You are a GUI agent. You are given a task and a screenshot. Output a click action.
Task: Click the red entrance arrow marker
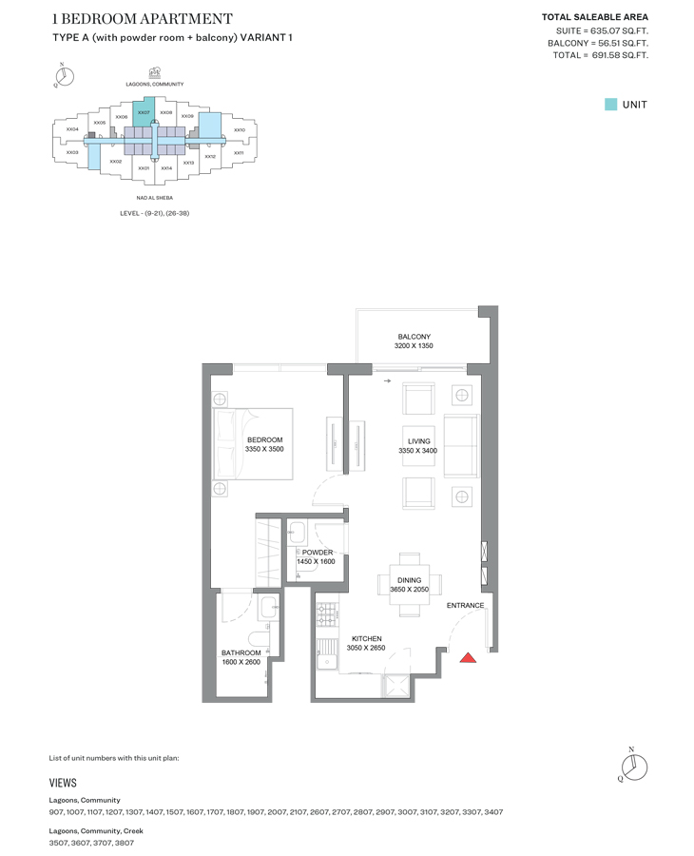(x=468, y=656)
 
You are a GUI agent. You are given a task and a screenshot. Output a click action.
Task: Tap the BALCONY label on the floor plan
(x=414, y=337)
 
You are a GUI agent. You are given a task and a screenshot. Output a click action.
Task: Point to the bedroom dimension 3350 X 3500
(x=263, y=449)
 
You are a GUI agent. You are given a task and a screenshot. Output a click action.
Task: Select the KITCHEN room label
(x=366, y=639)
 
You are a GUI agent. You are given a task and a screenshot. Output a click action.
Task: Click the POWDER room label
(x=318, y=553)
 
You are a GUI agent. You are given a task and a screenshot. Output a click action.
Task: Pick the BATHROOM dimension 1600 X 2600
(x=241, y=662)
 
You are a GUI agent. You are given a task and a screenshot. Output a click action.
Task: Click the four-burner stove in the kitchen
(x=326, y=614)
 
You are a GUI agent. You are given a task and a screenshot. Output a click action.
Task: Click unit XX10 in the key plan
(x=240, y=130)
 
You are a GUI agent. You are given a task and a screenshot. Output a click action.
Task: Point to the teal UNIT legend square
(x=610, y=105)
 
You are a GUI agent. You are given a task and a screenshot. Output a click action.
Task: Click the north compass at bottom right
(x=632, y=765)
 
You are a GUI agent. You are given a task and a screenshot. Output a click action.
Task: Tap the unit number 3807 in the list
(x=123, y=843)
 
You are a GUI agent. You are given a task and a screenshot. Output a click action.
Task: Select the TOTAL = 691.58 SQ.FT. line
(x=600, y=56)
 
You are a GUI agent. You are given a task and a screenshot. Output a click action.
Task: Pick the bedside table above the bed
(x=221, y=399)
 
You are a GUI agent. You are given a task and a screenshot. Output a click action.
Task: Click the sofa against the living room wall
(x=462, y=446)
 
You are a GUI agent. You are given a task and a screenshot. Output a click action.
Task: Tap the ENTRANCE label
(x=465, y=606)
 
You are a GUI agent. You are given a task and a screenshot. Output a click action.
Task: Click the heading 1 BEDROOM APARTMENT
(x=142, y=19)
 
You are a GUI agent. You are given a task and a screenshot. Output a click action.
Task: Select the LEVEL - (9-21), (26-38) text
(x=154, y=213)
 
